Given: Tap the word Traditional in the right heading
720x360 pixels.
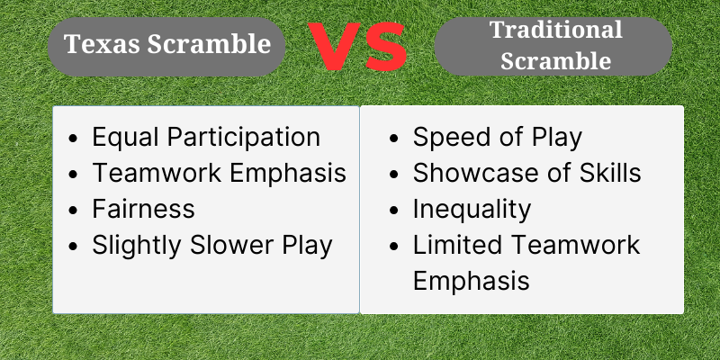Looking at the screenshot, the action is point(556,30).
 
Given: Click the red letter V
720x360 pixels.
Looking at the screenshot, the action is point(334,46).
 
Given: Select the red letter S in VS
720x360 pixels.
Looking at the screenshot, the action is point(387,47).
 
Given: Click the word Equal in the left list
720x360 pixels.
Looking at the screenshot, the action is point(125,138).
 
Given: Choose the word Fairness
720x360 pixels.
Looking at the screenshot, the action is point(143,209).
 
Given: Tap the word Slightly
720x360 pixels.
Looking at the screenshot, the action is point(137,245).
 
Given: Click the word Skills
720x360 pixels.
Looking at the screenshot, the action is point(610,173).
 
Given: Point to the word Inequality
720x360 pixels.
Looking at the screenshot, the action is point(472,210).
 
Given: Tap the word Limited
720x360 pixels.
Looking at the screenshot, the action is point(457,244).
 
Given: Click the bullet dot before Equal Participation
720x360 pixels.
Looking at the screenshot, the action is point(73,139).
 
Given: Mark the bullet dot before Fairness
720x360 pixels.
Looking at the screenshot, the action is point(73,210).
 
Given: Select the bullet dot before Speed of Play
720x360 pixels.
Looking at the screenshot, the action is point(393,139).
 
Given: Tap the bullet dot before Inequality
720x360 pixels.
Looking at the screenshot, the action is point(393,210).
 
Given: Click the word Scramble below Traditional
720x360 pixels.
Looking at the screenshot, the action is point(555,61).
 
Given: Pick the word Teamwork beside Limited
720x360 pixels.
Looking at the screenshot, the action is point(576,244).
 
